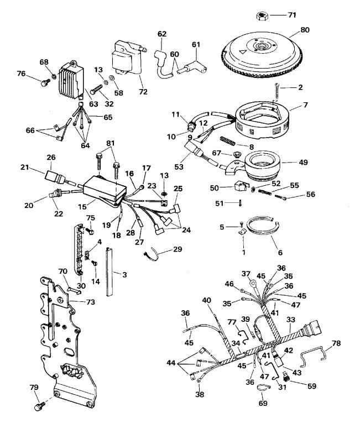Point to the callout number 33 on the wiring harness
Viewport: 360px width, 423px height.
tap(290, 319)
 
